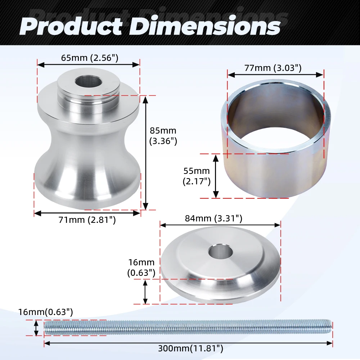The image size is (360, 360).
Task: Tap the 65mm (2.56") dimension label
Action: (90, 58)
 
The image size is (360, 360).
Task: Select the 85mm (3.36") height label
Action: (163, 136)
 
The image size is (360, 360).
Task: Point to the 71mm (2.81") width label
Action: (87, 220)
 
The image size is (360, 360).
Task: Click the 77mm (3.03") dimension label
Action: (273, 68)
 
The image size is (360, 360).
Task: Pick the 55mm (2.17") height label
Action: (197, 176)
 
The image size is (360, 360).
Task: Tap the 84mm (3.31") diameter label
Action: (213, 218)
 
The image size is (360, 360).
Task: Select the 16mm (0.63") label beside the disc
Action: (141, 267)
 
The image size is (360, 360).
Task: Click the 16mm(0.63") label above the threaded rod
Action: (45, 312)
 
